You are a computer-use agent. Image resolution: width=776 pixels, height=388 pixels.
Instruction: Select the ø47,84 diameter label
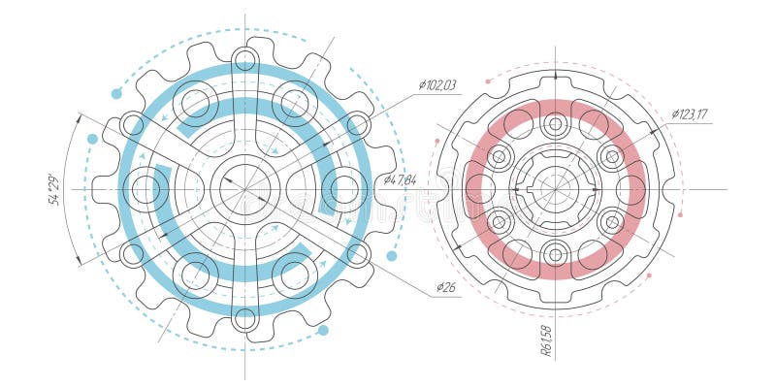(400, 179)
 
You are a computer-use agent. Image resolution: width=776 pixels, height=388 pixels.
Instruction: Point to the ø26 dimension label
(445, 287)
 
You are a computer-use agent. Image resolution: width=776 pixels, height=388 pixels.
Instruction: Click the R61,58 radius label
(546, 340)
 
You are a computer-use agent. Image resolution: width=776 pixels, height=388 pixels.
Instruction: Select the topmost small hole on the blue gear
(244, 60)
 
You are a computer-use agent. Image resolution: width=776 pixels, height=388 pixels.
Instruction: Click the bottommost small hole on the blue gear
(244, 318)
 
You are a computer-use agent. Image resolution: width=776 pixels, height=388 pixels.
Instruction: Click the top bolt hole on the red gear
(556, 124)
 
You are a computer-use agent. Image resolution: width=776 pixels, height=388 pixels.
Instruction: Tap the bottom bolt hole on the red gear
(556, 254)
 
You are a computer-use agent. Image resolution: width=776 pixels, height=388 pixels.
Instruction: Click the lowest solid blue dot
(323, 331)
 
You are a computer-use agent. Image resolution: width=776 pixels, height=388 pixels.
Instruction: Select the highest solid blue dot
(116, 94)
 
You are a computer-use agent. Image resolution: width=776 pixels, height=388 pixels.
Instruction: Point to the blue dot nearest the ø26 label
(392, 256)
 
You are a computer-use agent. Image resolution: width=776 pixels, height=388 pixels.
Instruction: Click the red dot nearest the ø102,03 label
(488, 82)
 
